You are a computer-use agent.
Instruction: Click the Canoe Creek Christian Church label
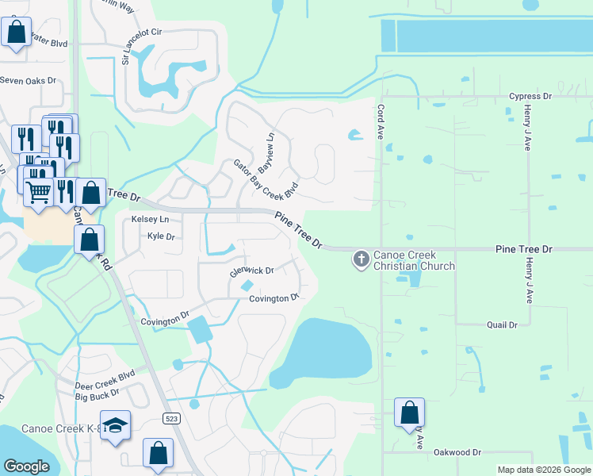tap(414, 260)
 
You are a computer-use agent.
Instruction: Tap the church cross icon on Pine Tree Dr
tap(361, 259)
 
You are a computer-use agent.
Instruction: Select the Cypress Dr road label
tap(530, 96)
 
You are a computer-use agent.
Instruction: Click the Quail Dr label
tap(501, 324)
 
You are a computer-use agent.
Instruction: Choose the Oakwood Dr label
tap(457, 451)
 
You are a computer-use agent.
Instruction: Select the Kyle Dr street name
tap(160, 236)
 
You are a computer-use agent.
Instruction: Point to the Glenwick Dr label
tap(251, 271)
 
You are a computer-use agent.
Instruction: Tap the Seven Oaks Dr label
tap(29, 80)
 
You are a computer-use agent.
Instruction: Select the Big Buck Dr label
tap(97, 392)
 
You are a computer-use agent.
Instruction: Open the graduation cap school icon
tap(115, 426)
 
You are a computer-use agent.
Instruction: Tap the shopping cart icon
tap(39, 190)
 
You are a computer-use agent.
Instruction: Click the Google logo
tap(27, 466)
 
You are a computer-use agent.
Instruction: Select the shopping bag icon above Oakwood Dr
tap(409, 413)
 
